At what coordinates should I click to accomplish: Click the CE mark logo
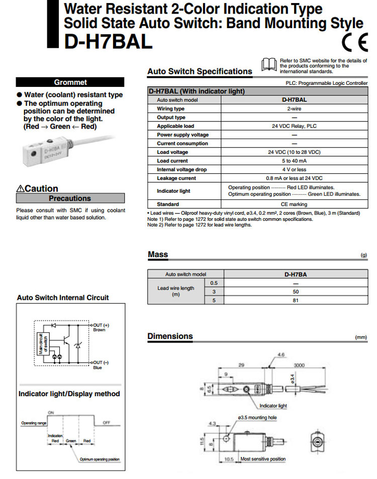point(355,42)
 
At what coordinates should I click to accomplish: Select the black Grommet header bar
point(70,82)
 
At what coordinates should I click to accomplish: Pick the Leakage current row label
point(176,178)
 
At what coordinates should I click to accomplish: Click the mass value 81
point(296,300)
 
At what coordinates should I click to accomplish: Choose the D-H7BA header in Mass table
point(296,274)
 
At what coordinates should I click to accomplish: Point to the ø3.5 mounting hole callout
point(257,418)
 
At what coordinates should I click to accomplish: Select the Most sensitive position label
point(263,459)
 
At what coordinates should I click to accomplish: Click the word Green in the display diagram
point(71,440)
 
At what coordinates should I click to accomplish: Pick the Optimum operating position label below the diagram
point(100,459)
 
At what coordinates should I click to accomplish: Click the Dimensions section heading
point(170,336)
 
